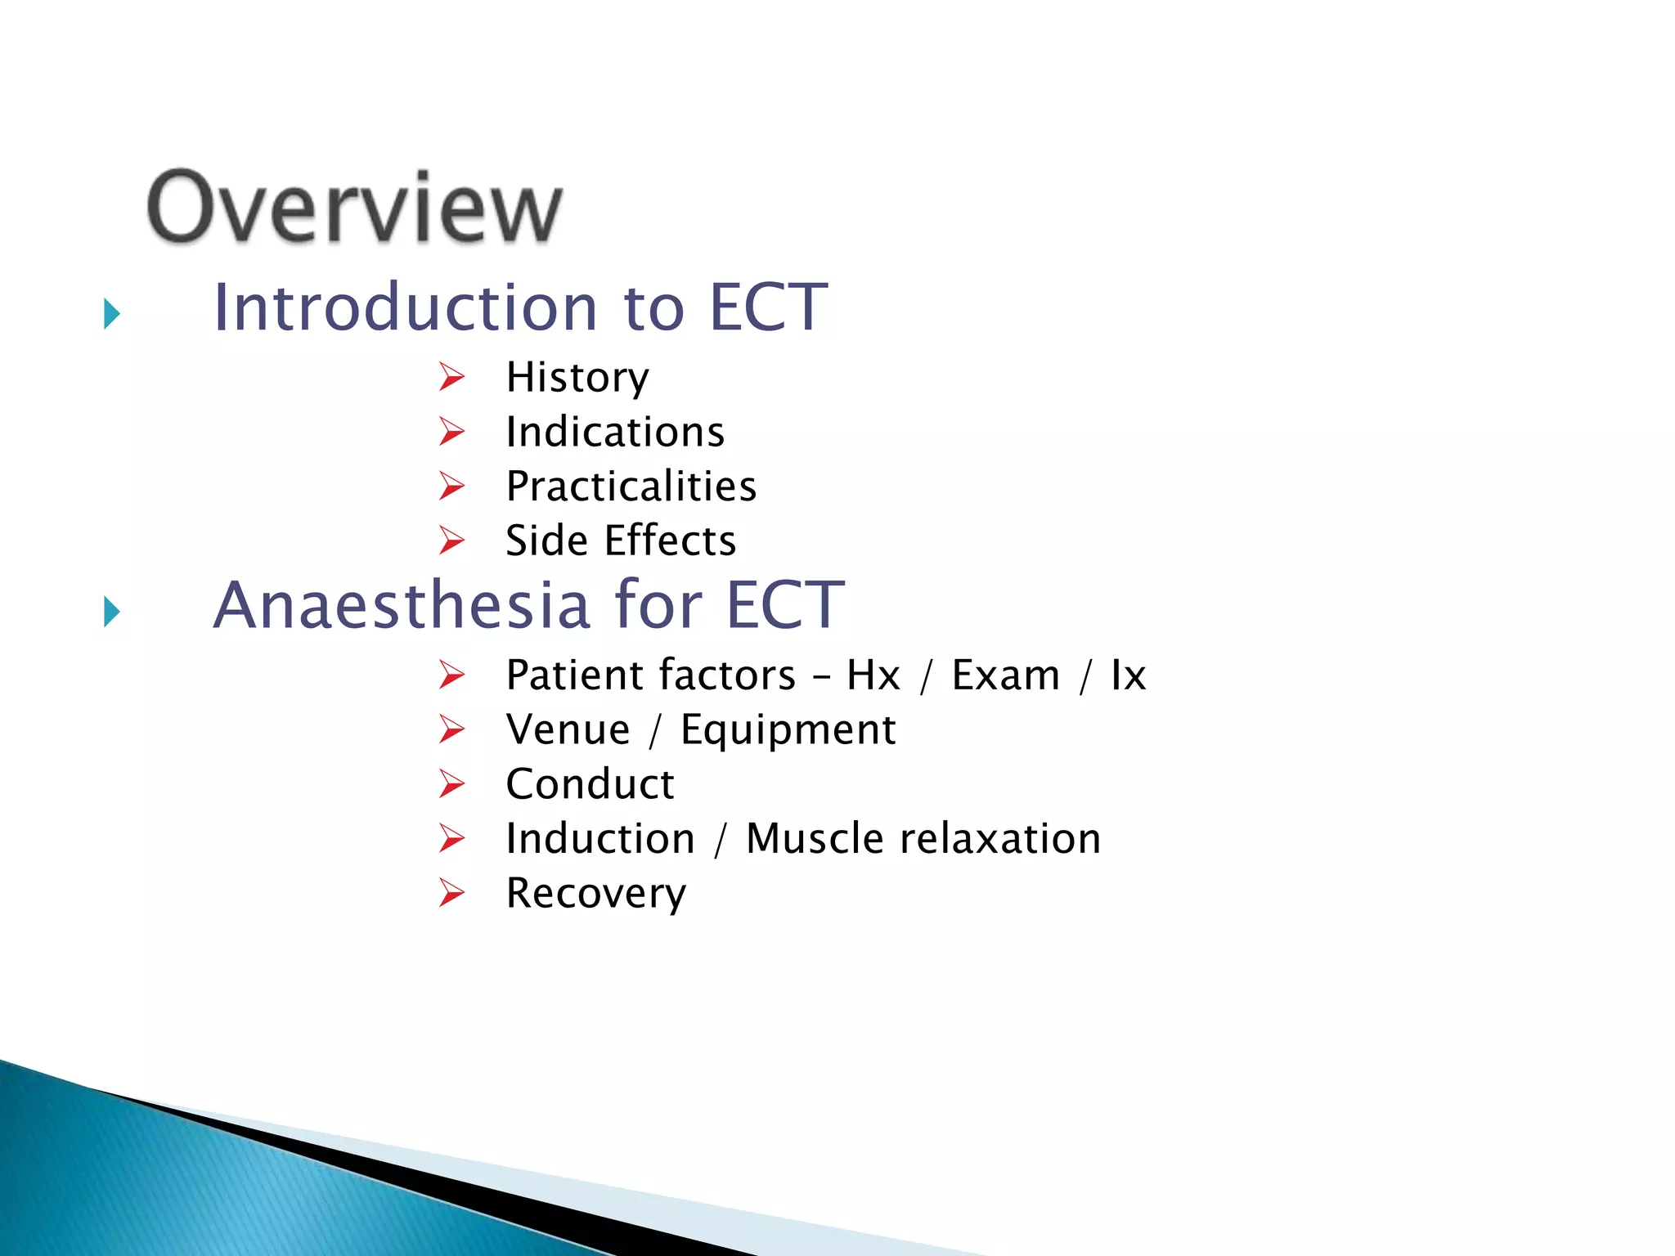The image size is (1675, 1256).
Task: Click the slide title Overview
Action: pos(354,209)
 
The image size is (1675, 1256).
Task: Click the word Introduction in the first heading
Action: pos(406,307)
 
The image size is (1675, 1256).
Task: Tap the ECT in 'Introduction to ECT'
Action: pos(768,307)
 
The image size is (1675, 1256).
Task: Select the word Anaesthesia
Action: pos(402,605)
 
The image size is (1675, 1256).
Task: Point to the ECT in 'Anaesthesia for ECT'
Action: pos(785,605)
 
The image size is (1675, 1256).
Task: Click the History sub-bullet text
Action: pos(577,378)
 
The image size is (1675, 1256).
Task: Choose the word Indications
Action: pos(615,432)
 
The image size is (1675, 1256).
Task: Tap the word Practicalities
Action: pos(631,487)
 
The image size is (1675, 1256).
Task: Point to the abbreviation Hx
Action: pos(873,675)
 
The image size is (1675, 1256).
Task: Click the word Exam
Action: pos(1005,675)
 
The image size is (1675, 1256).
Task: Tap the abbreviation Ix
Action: pos(1128,675)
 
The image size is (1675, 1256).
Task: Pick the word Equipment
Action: pos(788,730)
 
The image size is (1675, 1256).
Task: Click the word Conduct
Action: pos(590,784)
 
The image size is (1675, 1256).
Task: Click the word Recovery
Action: pos(596,893)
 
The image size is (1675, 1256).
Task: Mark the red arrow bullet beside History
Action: pos(451,377)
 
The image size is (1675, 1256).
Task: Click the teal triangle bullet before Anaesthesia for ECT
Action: pos(112,612)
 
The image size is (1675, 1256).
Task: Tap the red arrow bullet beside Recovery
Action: pos(451,892)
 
